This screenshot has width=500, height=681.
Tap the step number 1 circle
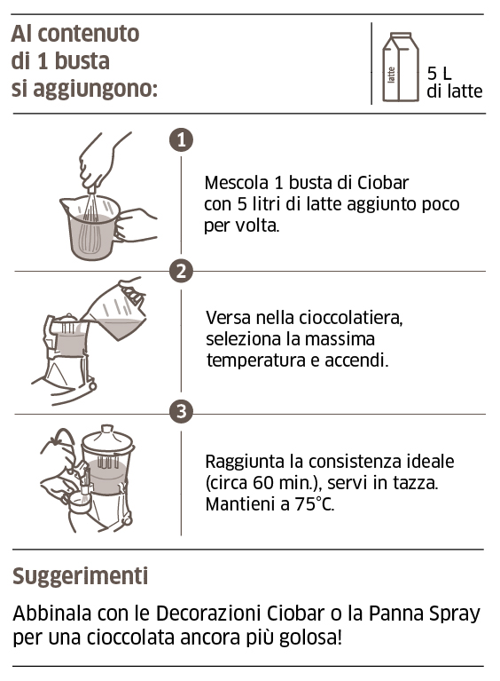pyautogui.click(x=181, y=139)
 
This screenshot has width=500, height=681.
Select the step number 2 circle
pyautogui.click(x=181, y=271)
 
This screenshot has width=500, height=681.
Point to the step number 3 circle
pyautogui.click(x=181, y=412)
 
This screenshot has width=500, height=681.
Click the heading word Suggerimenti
pyautogui.click(x=80, y=576)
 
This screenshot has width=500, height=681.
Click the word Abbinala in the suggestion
pyautogui.click(x=51, y=614)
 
